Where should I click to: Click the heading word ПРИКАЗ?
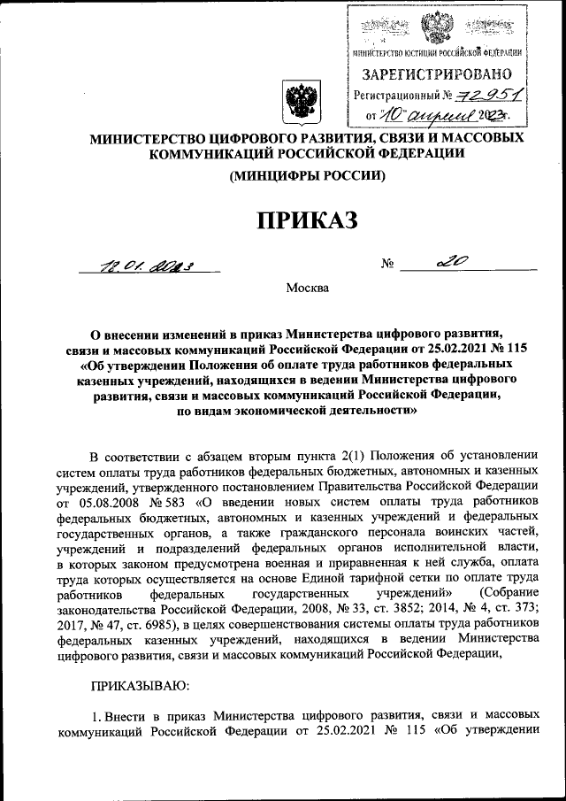pyautogui.click(x=307, y=219)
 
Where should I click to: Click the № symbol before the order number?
pyautogui.click(x=386, y=263)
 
